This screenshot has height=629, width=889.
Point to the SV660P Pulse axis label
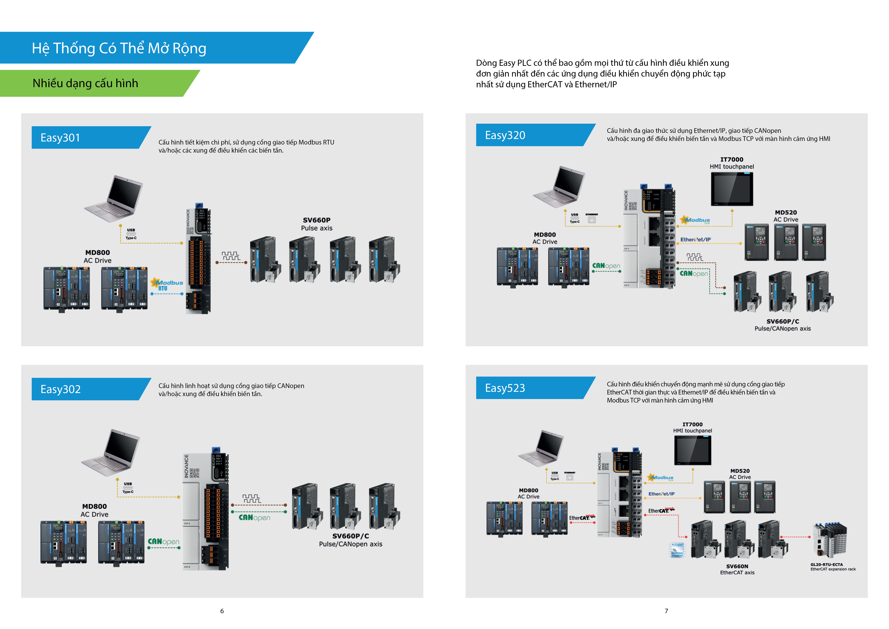tap(317, 224)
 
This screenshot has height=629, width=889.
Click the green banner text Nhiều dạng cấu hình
tap(85, 83)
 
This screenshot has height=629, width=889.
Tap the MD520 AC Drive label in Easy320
tap(786, 216)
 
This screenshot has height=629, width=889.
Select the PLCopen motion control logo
tap(677, 550)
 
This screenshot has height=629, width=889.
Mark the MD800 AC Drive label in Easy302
tap(94, 510)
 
